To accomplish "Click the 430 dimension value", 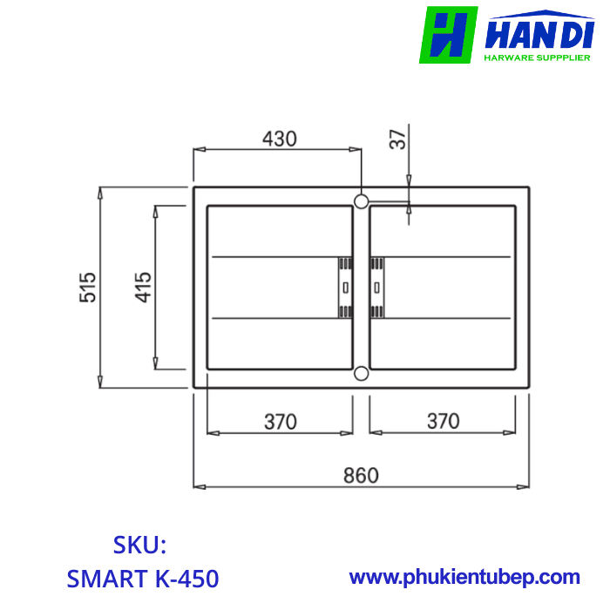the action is pos(280,139).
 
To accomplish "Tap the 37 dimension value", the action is pos(397,139).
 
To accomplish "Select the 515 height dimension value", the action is pos(87,288).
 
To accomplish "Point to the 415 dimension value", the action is pos(143,288).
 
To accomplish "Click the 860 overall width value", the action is pos(361,476).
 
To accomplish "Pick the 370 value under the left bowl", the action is pos(280,422).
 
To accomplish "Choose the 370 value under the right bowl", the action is pos(443,421).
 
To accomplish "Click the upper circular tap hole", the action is pos(361,201).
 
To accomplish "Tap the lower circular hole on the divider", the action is pos(361,374).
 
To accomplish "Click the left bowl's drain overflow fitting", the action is pos(345,288).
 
